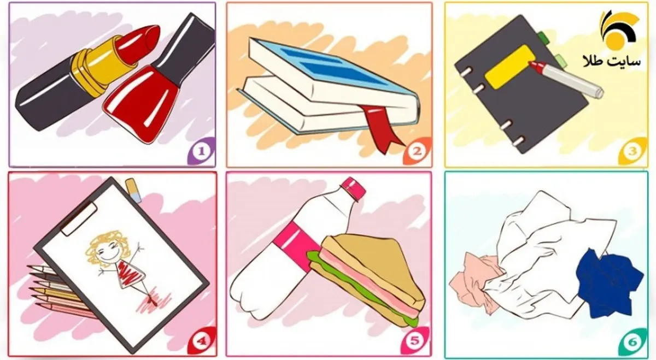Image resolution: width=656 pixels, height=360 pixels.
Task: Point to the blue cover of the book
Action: [x=337, y=68]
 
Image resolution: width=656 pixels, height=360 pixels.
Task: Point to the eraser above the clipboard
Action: [x=133, y=190]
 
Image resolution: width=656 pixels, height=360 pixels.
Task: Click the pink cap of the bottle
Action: [x=353, y=189]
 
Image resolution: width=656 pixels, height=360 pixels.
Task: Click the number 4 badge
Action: [x=202, y=340]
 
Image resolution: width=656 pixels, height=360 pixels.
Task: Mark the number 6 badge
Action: [x=632, y=341]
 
